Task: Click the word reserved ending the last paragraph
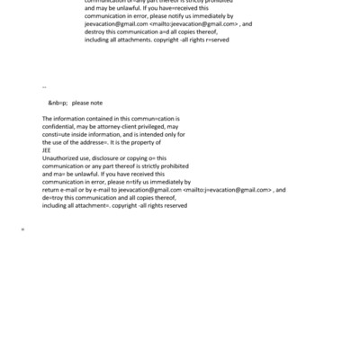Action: pos(172,206)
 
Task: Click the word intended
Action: pos(162,134)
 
